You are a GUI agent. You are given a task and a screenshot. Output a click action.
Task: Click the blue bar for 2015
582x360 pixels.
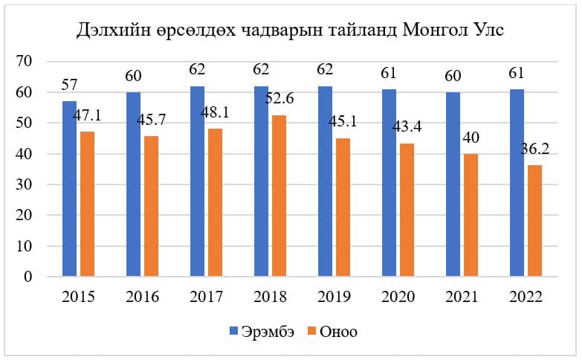point(69,189)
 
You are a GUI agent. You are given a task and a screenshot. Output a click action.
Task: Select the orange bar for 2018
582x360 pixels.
point(279,196)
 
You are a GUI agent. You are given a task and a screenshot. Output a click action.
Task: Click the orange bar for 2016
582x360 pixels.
point(151,207)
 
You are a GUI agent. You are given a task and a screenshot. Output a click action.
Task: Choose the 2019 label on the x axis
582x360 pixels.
point(334,296)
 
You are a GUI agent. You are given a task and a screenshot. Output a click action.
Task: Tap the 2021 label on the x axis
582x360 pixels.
point(462,296)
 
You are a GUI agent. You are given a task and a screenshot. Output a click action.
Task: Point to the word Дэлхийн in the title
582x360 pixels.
point(112,32)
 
